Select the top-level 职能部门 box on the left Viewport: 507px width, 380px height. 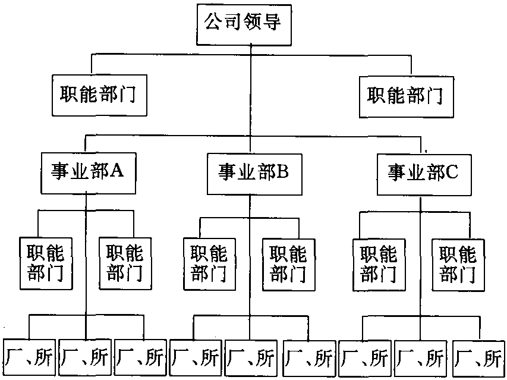(x=99, y=95)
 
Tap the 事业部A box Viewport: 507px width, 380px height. (x=86, y=172)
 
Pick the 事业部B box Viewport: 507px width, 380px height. (x=250, y=174)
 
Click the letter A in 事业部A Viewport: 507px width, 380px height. (x=117, y=171)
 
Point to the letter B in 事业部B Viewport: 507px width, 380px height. (x=282, y=173)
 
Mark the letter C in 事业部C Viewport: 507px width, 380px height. (x=451, y=173)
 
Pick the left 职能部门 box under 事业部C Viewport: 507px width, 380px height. (x=379, y=264)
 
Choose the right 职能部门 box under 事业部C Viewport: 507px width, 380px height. (x=458, y=264)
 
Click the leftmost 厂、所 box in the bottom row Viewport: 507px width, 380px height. (x=29, y=358)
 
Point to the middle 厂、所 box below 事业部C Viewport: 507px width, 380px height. (x=421, y=358)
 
